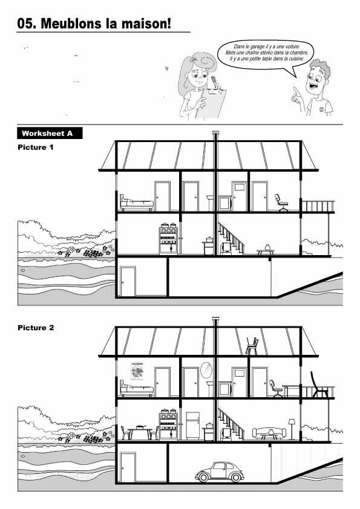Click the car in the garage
pos(219,472)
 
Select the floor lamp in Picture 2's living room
pos(292,429)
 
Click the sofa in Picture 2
pos(269,433)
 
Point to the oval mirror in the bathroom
pos(206,370)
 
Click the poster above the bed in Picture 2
pos(137,371)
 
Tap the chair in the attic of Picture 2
pos(252,346)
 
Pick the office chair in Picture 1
pos(281,203)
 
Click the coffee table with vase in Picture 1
pos(266,250)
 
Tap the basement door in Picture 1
pos(128,281)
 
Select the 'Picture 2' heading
pos(36,328)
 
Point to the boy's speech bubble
pos(266,56)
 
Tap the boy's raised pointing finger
pos(295,89)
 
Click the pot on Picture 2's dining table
pos(140,427)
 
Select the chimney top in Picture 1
pos(215,132)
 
